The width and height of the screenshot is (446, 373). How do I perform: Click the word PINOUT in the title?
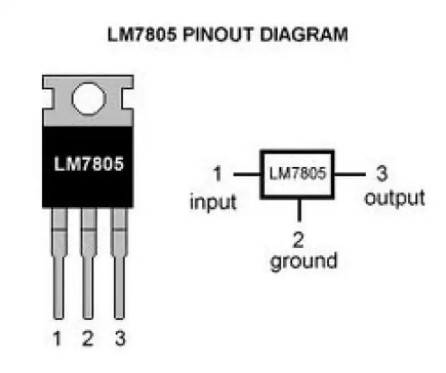[213, 35]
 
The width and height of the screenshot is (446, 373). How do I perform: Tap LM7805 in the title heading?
[140, 35]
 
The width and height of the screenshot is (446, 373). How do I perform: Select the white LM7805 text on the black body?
[88, 166]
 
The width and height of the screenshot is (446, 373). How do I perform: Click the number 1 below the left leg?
[58, 339]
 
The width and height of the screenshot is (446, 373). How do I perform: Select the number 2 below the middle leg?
[88, 339]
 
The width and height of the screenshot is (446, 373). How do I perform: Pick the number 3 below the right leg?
[119, 339]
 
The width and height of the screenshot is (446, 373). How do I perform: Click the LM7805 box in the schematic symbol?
[297, 174]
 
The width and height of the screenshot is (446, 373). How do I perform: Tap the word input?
[214, 202]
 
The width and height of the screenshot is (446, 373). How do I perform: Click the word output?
[395, 199]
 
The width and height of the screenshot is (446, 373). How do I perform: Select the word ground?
[304, 261]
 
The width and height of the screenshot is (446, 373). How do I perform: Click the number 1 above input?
[217, 176]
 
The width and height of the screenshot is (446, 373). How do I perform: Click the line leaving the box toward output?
[350, 174]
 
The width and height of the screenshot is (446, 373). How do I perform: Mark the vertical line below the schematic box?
[300, 209]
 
